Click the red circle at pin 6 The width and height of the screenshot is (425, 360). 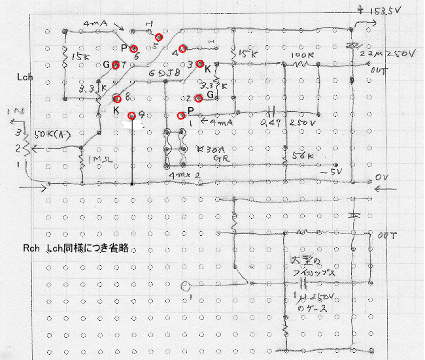(134, 48)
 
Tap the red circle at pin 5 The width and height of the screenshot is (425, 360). (159, 37)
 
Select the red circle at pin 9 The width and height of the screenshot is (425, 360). (131, 116)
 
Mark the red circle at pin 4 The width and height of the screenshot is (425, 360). (183, 48)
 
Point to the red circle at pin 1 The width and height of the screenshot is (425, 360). (182, 115)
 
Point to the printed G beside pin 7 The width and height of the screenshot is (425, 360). (107, 64)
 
